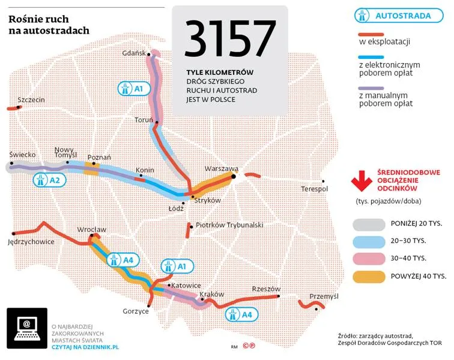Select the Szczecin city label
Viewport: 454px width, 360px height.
[31, 99]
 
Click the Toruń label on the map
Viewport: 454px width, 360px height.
[144, 120]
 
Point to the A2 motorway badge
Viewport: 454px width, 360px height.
[48, 179]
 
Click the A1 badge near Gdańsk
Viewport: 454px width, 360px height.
[133, 89]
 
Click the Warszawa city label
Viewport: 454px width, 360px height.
[221, 169]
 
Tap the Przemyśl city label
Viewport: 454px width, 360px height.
[324, 296]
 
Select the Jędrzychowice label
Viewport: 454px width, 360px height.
[31, 242]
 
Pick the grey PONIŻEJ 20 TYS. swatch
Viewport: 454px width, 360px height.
[368, 224]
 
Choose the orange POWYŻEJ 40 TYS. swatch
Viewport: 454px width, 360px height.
[368, 276]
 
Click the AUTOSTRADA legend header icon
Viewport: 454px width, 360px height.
[363, 15]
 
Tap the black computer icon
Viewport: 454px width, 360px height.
[26, 328]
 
